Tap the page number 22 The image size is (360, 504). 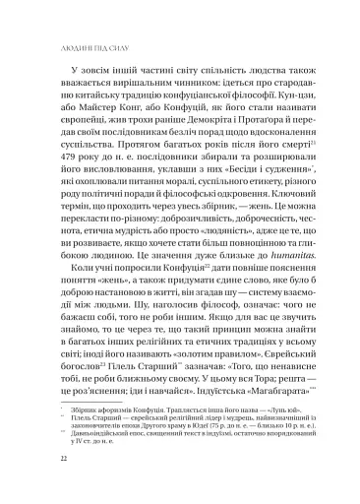click(x=36, y=486)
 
